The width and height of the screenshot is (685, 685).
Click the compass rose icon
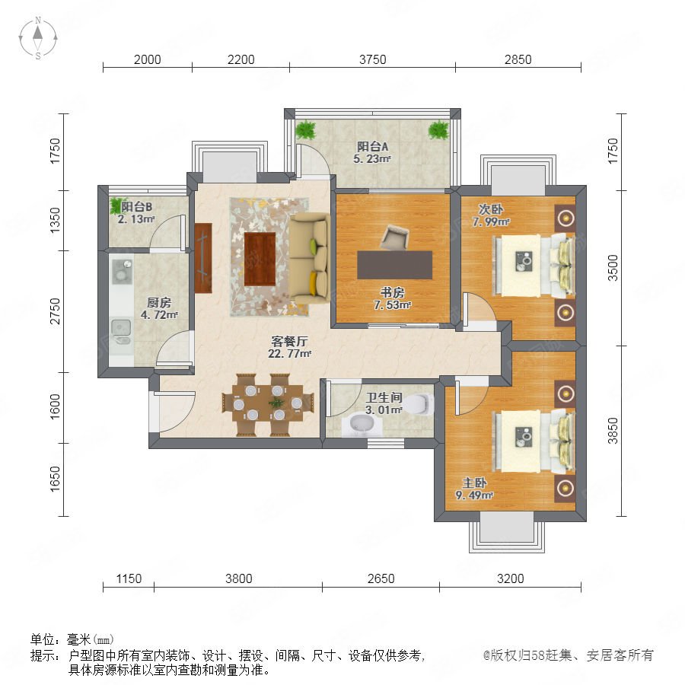[38, 38]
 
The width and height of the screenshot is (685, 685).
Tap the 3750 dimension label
[373, 59]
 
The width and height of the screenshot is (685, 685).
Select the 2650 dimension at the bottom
[381, 578]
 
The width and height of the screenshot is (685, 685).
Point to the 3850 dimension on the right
[613, 431]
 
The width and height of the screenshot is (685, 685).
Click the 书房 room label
[392, 292]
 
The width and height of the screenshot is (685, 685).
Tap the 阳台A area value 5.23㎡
[371, 159]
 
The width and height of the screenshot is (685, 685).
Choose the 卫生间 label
[384, 397]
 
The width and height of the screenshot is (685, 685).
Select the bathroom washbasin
[362, 425]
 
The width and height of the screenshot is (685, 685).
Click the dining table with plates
[268, 403]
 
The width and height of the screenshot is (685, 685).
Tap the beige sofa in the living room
[309, 259]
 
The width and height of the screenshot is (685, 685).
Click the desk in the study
[395, 265]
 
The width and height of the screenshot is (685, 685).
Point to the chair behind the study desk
[395, 237]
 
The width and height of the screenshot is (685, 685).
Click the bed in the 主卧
[534, 441]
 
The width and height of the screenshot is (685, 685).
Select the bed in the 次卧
[534, 266]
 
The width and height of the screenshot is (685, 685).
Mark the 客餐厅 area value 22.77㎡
[290, 353]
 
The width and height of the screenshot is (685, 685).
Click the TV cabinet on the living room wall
[203, 258]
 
